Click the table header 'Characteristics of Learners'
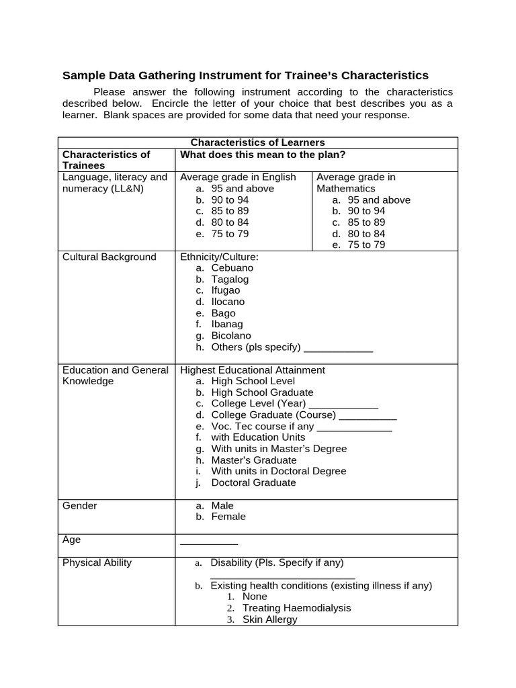(257, 142)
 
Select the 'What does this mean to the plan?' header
(263, 155)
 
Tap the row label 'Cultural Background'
(109, 257)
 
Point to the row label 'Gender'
(80, 505)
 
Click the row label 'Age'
(71, 540)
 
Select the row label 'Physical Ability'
(97, 562)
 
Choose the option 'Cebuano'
(232, 268)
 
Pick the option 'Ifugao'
(225, 290)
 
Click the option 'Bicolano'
(231, 335)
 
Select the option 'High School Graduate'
(262, 392)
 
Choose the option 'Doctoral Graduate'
(253, 482)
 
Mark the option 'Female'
(228, 517)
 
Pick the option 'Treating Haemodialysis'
(296, 608)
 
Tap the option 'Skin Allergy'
(269, 619)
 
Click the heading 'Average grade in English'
(238, 177)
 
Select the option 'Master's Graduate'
(254, 460)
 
